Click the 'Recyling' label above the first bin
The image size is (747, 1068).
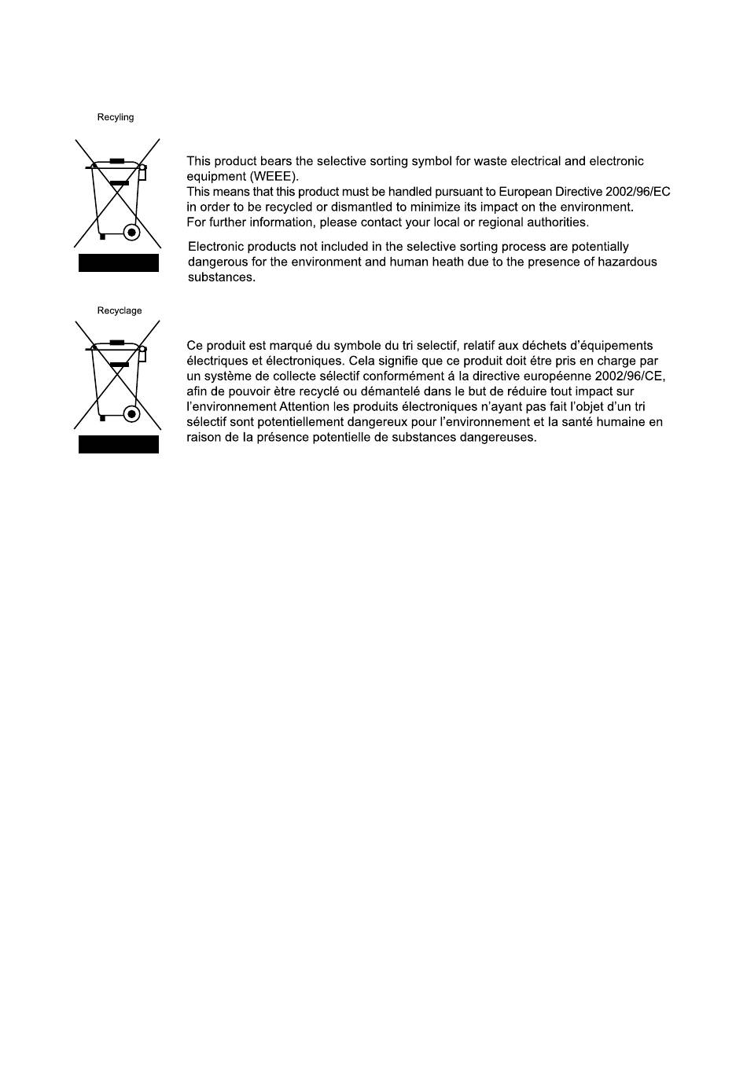[116, 118]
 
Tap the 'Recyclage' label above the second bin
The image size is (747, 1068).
[120, 310]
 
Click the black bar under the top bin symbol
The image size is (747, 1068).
[119, 263]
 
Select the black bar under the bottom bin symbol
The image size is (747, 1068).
[119, 445]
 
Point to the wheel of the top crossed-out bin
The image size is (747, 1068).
[132, 233]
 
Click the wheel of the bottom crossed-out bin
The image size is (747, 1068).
[132, 414]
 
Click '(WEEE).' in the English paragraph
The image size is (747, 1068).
[274, 177]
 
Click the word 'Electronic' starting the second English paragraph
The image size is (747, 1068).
[216, 247]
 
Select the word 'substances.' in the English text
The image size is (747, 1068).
[221, 277]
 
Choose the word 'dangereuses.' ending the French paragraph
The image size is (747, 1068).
[500, 438]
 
